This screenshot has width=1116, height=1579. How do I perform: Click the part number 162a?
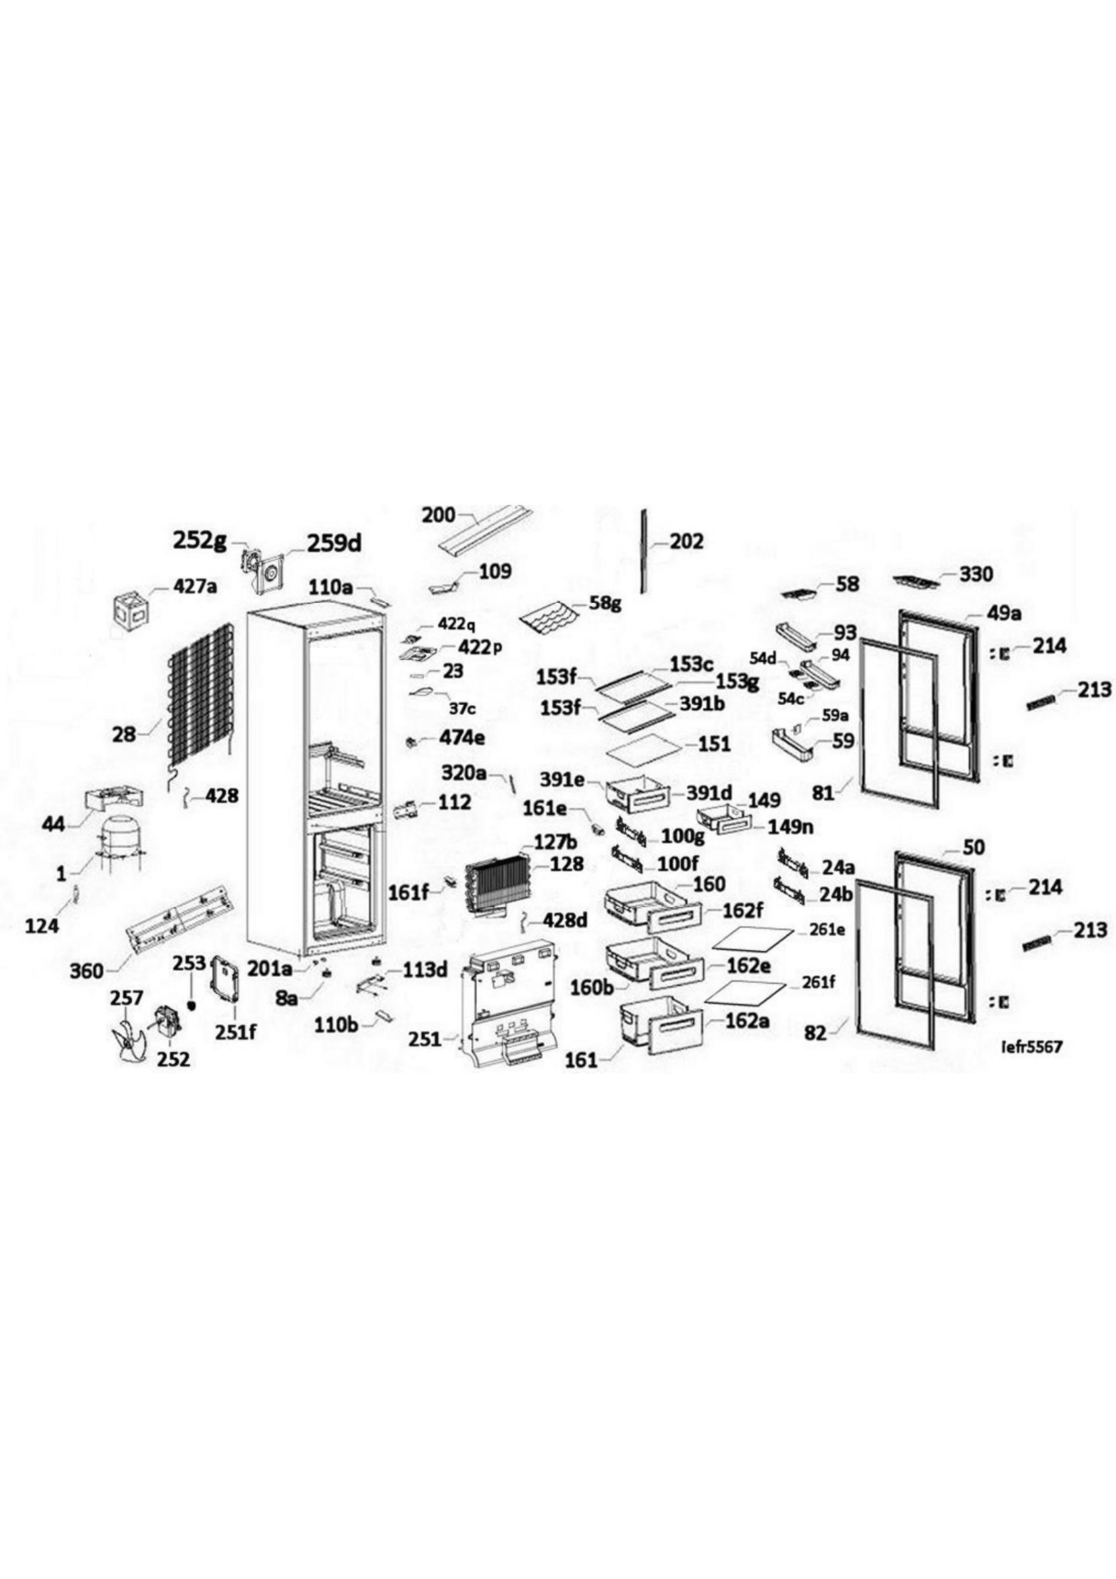746,1021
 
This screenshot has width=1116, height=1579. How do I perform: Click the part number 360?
86,971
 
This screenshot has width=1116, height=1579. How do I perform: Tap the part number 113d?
425,970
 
